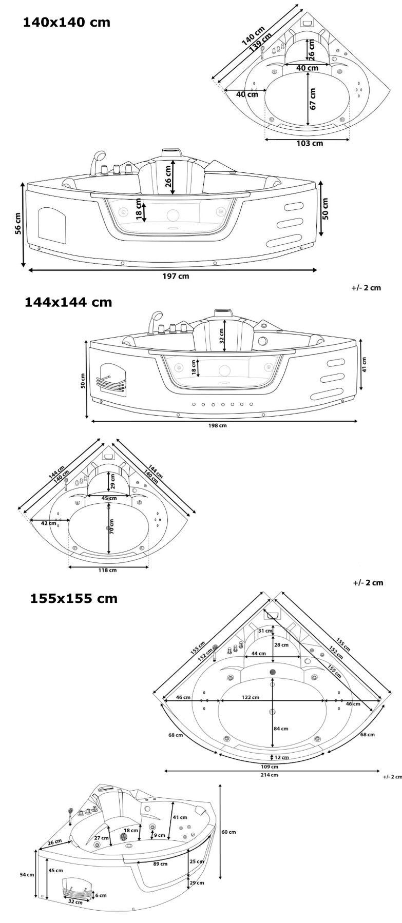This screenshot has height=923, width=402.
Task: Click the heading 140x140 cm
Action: (x=66, y=23)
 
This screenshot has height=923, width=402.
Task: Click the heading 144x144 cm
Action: (x=68, y=302)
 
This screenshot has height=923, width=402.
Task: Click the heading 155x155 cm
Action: (x=73, y=598)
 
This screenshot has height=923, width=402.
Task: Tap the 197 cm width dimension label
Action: (x=176, y=276)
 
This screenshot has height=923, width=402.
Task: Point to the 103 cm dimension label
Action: (x=310, y=143)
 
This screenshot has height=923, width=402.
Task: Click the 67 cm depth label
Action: (x=313, y=99)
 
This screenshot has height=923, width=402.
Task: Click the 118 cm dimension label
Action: (x=108, y=570)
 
